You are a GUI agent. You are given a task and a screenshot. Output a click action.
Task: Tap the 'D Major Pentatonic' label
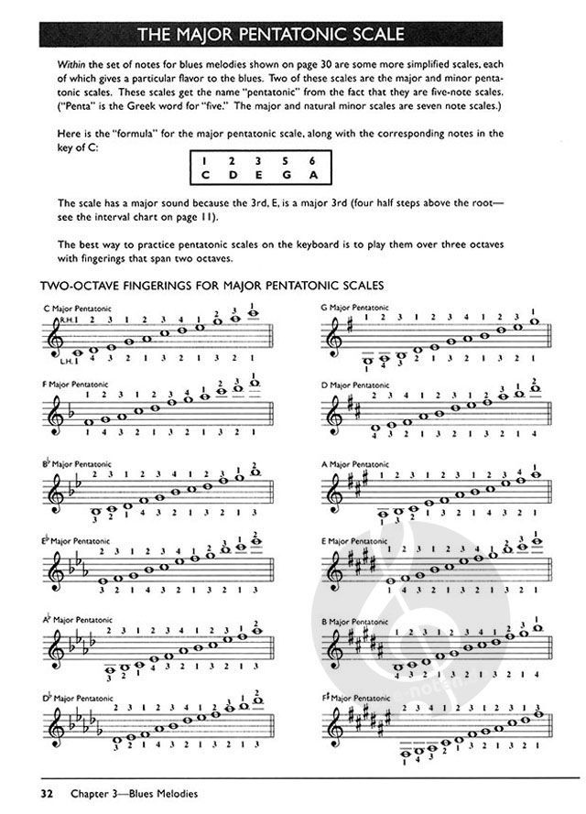tap(356, 384)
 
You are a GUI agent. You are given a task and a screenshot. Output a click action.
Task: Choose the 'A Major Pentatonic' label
tap(356, 463)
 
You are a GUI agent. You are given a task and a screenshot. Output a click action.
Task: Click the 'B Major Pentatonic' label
tap(356, 620)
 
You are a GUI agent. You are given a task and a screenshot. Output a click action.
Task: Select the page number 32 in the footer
tap(46, 792)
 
